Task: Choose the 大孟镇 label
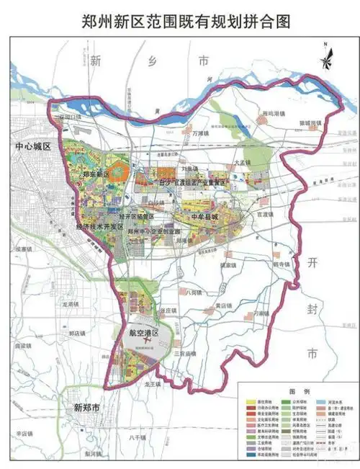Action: (x=245, y=164)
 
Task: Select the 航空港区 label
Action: (x=143, y=333)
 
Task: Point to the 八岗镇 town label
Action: (x=193, y=293)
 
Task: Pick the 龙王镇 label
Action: (x=156, y=385)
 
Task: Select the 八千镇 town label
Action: (x=138, y=437)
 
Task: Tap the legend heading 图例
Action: (x=297, y=389)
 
